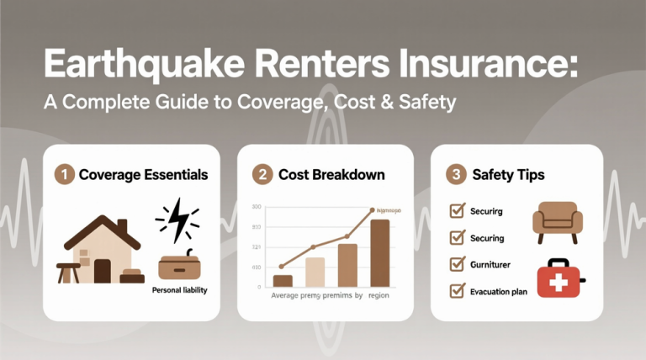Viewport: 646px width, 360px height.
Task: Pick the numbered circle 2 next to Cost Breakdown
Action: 261,174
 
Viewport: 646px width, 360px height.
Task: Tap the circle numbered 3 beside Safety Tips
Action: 455,174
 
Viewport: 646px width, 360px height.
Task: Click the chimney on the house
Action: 124,226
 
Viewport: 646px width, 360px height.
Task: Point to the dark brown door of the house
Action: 103,271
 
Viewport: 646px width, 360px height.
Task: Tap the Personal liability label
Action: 180,290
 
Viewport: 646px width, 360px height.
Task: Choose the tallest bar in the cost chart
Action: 380,252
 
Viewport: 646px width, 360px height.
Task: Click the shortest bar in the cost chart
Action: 283,281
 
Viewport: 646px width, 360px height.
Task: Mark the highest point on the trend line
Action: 372,210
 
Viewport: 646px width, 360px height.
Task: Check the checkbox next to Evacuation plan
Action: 458,291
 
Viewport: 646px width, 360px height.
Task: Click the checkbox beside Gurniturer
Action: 458,264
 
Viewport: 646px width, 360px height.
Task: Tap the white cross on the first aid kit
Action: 556,283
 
